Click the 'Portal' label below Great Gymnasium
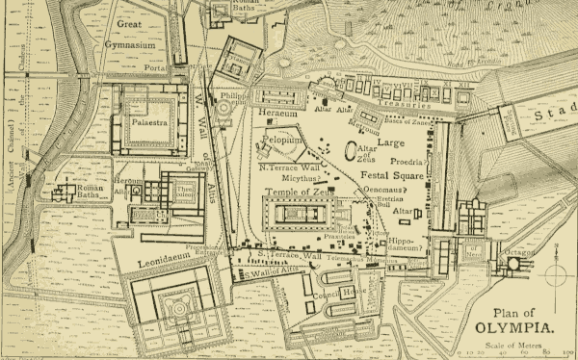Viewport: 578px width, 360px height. [x=155, y=68]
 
